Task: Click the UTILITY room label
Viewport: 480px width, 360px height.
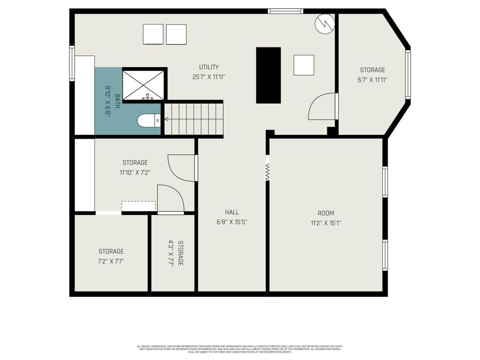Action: [x=209, y=67]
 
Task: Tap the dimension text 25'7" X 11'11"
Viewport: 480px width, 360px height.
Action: [x=209, y=76]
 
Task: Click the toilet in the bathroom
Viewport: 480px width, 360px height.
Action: [x=148, y=121]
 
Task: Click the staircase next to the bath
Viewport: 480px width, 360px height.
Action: [x=192, y=119]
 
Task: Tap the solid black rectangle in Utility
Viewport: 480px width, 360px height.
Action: [x=268, y=75]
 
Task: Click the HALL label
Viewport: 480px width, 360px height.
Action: [x=231, y=212]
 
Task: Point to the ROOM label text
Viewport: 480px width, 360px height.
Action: [x=325, y=213]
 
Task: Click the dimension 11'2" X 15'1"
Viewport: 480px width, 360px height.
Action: [x=325, y=223]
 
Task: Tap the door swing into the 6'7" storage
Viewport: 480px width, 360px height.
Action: [x=323, y=107]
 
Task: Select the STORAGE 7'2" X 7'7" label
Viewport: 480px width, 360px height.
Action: [x=111, y=256]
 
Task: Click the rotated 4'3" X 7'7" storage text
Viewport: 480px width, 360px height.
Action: [x=176, y=253]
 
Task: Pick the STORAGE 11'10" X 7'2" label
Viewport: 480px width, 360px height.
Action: [x=135, y=167]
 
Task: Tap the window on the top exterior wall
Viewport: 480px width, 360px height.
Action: [x=285, y=11]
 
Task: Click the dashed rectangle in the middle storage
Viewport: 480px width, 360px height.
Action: [x=139, y=206]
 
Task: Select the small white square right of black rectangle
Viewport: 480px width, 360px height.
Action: [x=304, y=65]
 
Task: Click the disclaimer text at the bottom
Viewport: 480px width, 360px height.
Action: [x=240, y=349]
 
